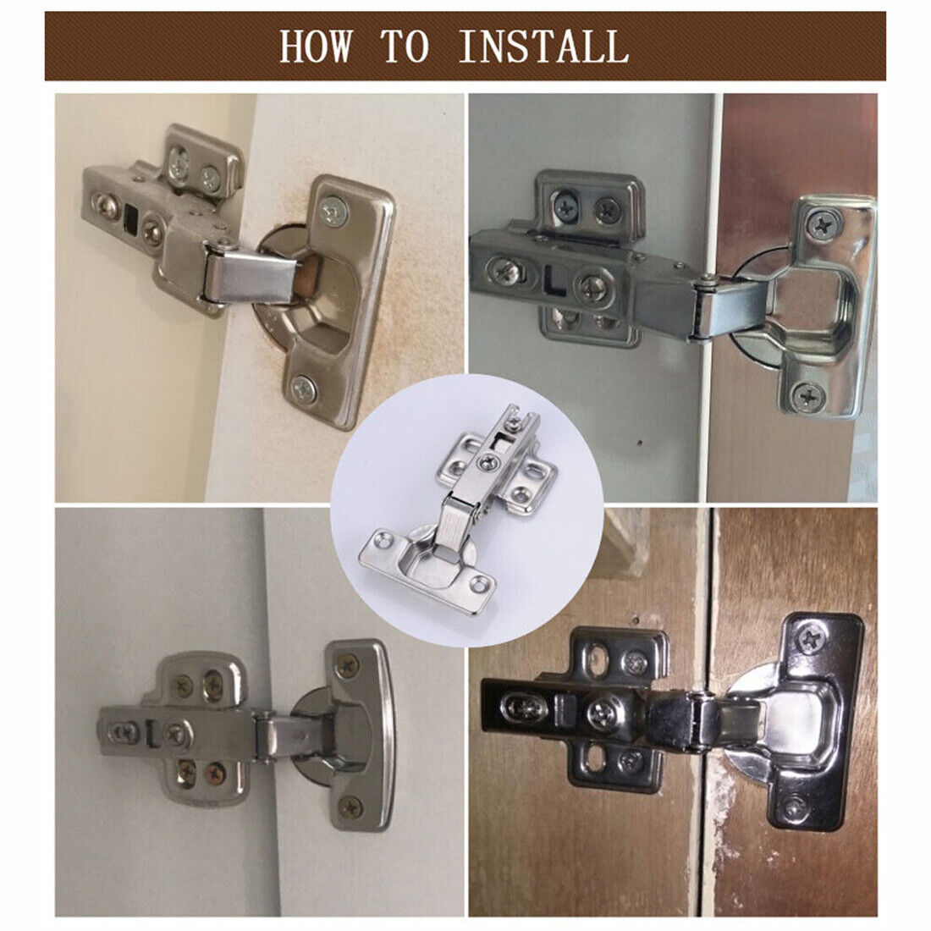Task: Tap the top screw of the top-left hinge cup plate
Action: coord(333,210)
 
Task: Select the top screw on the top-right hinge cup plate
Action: coord(821,224)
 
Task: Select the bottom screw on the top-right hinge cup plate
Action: coord(807,394)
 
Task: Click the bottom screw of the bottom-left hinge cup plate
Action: coord(350,807)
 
